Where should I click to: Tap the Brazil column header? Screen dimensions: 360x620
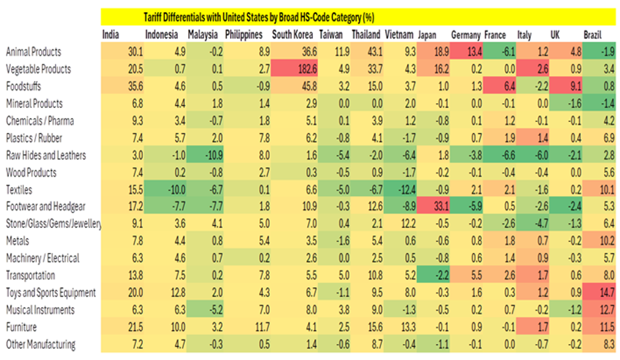(593, 35)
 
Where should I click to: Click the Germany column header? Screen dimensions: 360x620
(466, 35)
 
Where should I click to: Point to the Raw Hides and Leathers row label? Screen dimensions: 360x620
(46, 155)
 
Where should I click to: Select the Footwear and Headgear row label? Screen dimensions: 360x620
(46, 207)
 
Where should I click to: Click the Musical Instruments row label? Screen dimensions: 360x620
(40, 310)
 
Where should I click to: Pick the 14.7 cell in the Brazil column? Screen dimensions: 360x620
(607, 293)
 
